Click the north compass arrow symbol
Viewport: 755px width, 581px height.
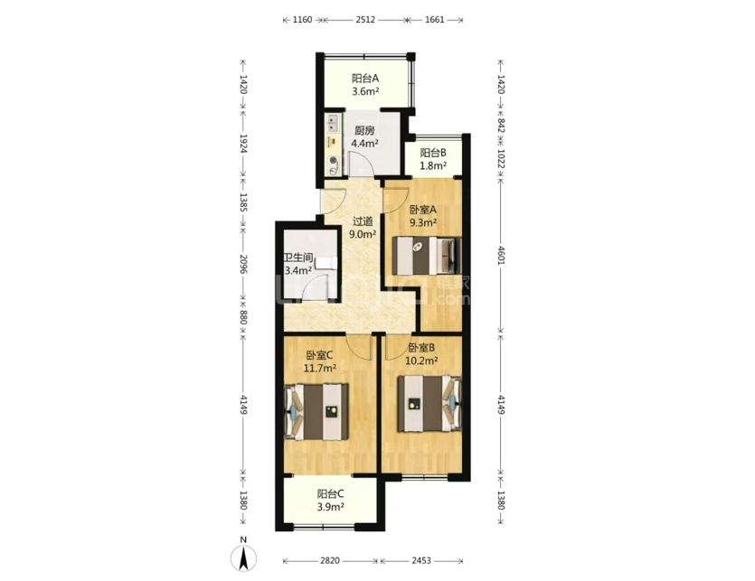tap(243, 558)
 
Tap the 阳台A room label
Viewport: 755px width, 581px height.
tap(365, 78)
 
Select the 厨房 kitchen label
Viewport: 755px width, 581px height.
tap(364, 130)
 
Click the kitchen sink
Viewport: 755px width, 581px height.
tap(332, 123)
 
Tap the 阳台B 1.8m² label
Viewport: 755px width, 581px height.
tap(433, 159)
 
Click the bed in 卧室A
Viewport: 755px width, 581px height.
tap(427, 255)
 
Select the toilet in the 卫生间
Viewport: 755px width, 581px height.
tap(326, 264)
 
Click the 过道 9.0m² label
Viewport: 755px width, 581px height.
tap(363, 228)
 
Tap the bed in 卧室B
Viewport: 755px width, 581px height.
tap(429, 403)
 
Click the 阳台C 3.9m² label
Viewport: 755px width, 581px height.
tap(330, 501)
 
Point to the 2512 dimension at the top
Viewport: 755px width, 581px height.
tap(365, 20)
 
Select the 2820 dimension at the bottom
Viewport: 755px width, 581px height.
tap(330, 561)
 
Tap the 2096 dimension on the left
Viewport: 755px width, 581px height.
tap(243, 264)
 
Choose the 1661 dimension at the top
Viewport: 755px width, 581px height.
tap(435, 20)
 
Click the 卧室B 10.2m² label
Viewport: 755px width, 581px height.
tap(422, 354)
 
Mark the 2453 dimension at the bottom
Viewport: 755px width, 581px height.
tap(421, 561)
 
